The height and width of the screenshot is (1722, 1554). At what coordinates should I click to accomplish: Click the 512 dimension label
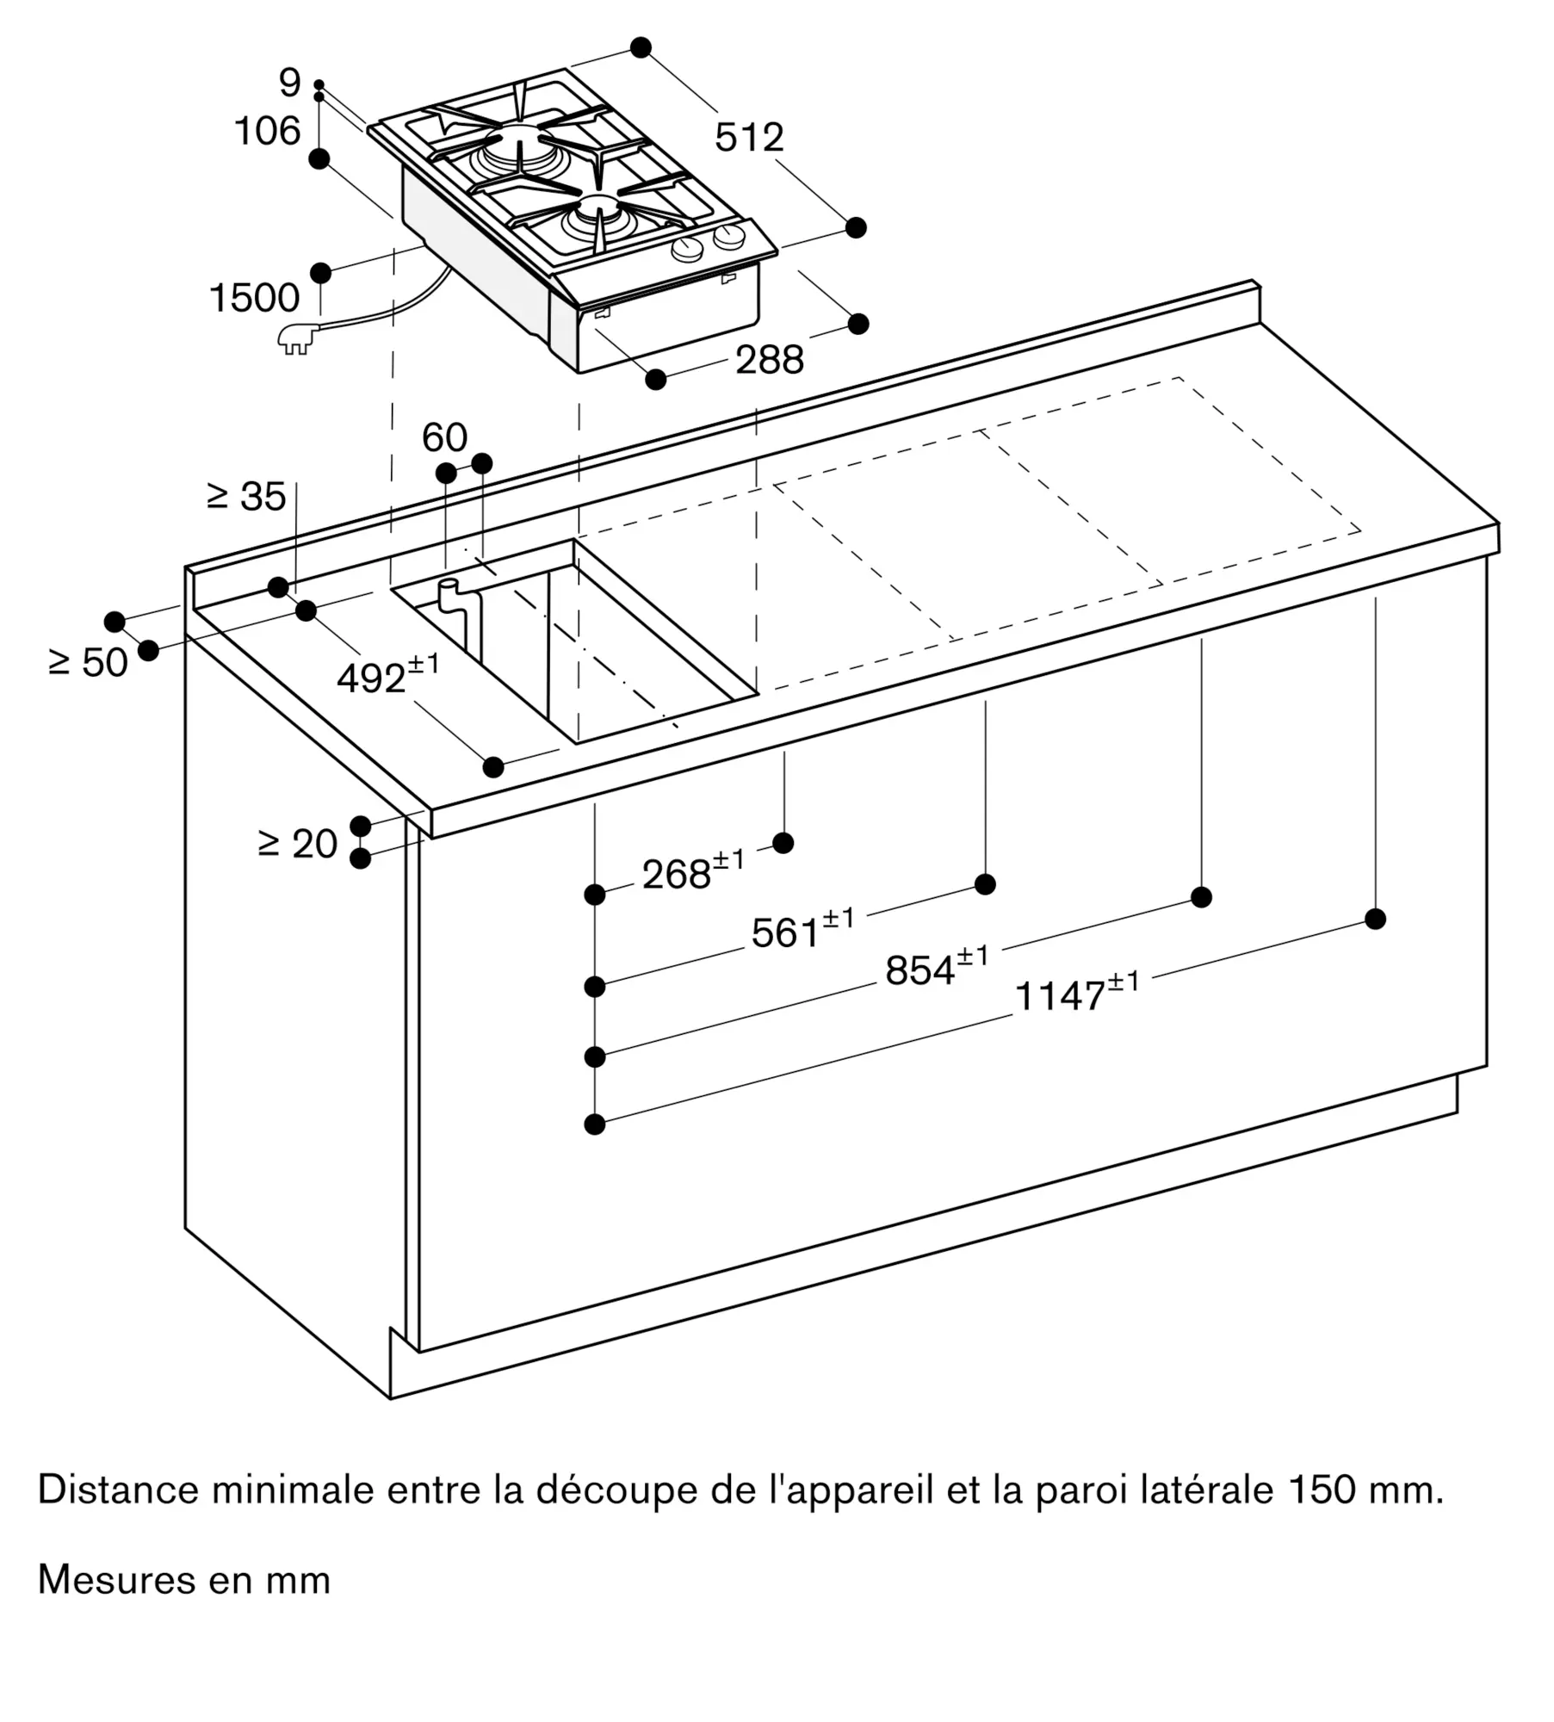point(749,138)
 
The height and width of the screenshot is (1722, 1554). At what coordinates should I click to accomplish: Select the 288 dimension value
point(769,360)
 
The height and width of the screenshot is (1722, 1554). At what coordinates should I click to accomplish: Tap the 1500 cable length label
point(254,298)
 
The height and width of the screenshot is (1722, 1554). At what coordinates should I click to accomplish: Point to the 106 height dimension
point(267,132)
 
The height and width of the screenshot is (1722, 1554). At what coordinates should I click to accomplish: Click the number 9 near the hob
point(290,84)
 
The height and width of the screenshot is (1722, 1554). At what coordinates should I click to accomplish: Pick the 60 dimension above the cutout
point(444,438)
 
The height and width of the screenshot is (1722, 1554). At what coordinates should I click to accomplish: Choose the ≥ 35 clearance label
point(246,497)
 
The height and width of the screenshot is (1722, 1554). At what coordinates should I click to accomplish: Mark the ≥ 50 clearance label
point(89,662)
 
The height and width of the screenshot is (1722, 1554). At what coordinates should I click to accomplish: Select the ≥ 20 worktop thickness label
point(298,844)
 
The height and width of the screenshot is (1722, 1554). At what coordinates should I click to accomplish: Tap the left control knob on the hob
point(687,251)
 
